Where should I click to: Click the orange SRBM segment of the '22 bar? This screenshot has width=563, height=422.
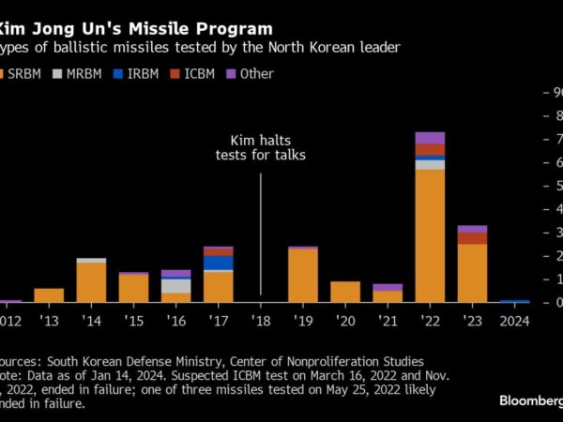tap(430, 234)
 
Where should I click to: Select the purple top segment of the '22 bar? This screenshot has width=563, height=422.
tap(430, 138)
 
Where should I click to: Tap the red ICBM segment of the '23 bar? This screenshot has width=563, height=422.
tap(472, 238)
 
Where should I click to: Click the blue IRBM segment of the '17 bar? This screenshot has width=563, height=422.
tap(218, 263)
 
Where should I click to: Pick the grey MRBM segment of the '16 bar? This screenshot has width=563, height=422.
tap(175, 286)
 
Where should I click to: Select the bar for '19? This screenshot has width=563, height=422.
tap(302, 275)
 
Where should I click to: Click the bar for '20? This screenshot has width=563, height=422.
tap(345, 292)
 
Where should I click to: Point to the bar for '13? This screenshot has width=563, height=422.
tap(49, 295)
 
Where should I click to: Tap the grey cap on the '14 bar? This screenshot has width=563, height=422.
tap(91, 260)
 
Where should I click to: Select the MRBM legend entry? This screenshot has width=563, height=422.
tap(78, 73)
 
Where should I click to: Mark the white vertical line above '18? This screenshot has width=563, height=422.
tap(261, 234)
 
